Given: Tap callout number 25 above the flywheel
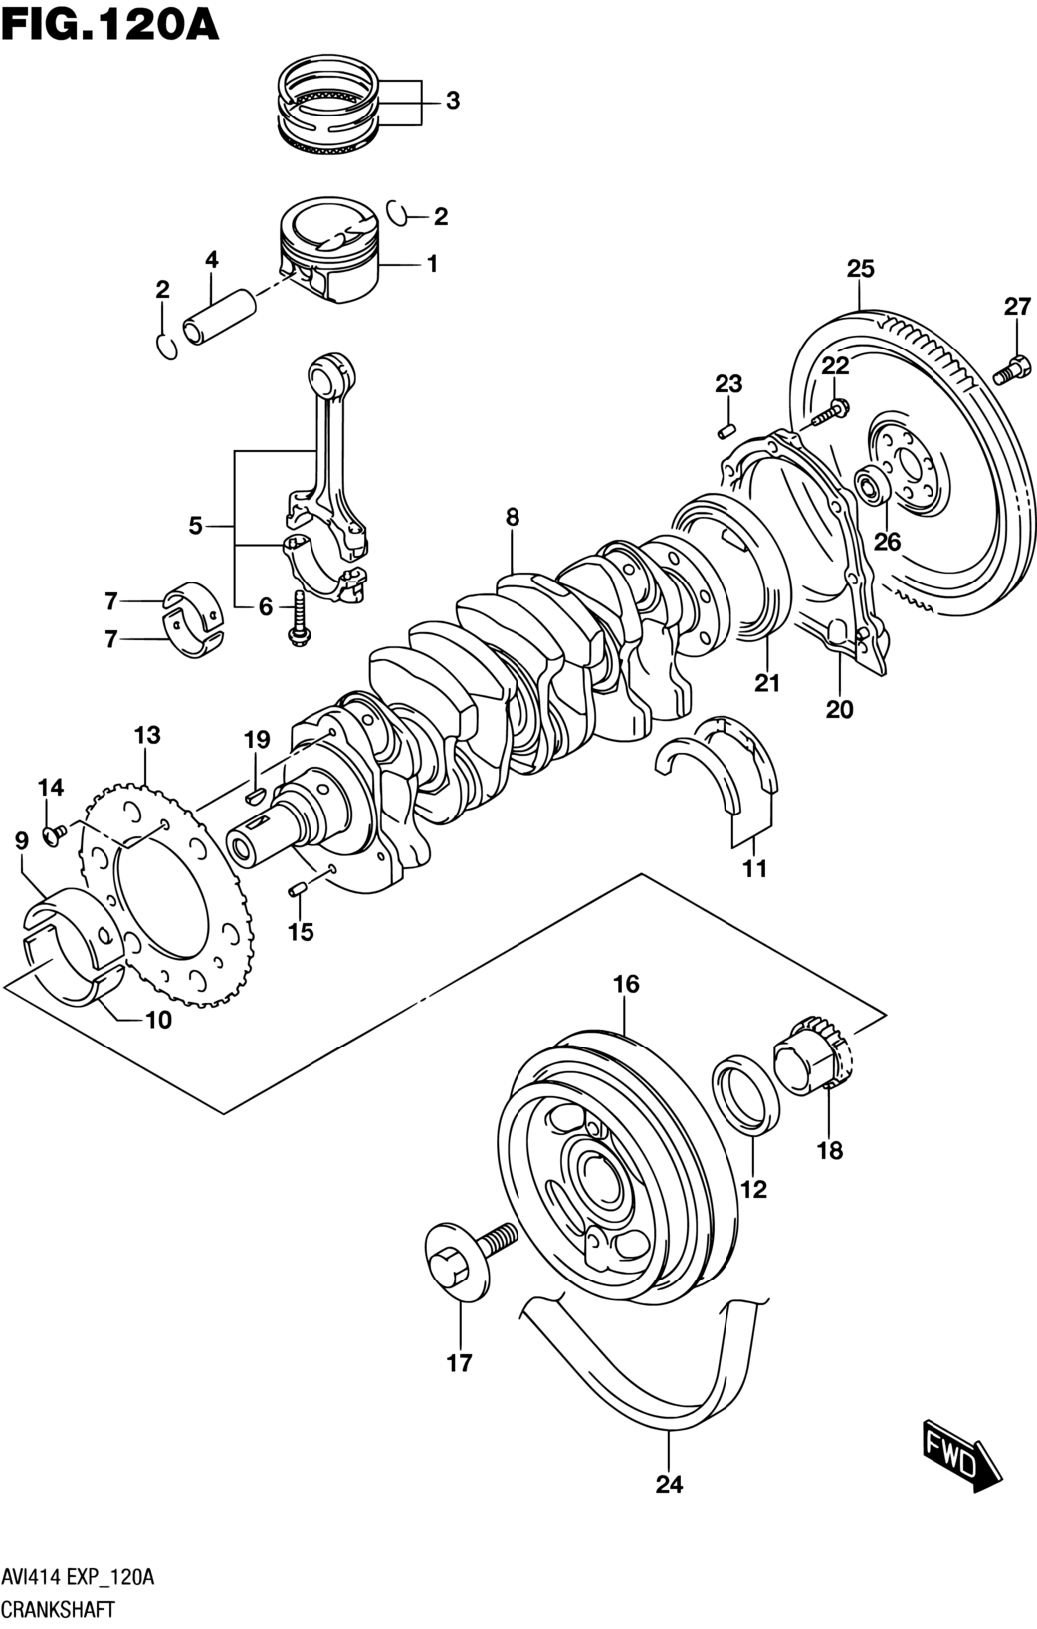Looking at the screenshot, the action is coord(861,269).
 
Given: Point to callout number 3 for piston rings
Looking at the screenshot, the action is coord(453,101).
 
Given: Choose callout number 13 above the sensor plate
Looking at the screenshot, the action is coord(147,735).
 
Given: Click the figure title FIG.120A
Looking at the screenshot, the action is coord(109,26).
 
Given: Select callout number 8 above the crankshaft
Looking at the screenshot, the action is coord(513,517).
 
